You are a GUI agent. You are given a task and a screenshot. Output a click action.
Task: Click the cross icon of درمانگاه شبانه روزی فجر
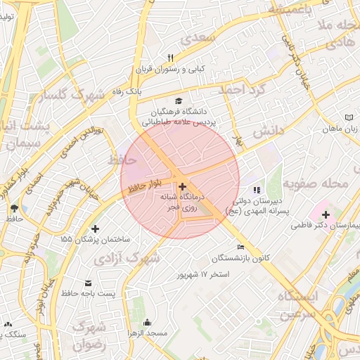pos(183,186)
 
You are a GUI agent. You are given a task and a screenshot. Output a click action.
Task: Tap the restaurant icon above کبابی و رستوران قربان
pos(169,58)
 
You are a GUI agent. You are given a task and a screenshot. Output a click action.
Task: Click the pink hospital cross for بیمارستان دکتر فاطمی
pos(325,213)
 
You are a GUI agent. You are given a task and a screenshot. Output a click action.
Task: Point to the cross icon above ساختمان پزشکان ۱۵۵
pos(96,229)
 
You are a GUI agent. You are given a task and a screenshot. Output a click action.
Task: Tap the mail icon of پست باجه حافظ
pos(87,281)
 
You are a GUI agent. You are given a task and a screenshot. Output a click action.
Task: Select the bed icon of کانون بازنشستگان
pos(241,247)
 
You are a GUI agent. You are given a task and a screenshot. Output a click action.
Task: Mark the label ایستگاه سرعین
pos(298,305)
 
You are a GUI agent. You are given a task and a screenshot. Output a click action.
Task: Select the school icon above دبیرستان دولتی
pos(257,190)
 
